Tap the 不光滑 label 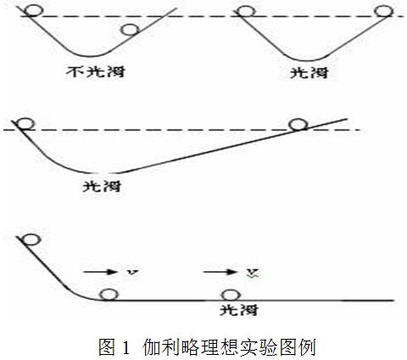click(96, 72)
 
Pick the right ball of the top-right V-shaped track click(384, 11)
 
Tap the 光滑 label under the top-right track click(309, 73)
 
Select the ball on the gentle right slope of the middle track click(298, 125)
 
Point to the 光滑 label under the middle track click(102, 186)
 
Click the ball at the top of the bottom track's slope click(31, 240)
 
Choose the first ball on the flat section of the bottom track click(109, 295)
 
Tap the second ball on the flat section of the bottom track click(231, 295)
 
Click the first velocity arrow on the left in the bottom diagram click(100, 272)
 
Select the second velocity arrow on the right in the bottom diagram click(220, 272)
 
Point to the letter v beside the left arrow click(132, 272)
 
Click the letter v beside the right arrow click(252, 272)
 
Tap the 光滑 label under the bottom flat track click(239, 310)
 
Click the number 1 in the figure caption click(126, 347)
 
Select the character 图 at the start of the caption click(107, 346)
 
